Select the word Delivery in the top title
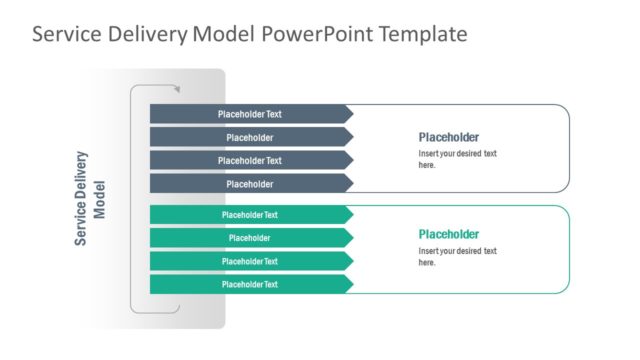click(x=139, y=35)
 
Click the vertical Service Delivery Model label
click(x=90, y=198)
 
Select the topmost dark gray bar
click(x=249, y=114)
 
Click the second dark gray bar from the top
click(x=249, y=137)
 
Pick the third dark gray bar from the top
click(x=249, y=160)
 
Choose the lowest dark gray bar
click(x=249, y=184)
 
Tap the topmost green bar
click(x=249, y=214)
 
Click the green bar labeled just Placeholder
click(x=249, y=238)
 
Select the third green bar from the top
click(x=249, y=261)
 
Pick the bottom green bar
click(x=249, y=284)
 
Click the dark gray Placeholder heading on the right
click(x=448, y=137)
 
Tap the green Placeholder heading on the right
click(x=448, y=234)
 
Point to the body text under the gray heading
click(x=457, y=159)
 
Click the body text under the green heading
click(x=457, y=256)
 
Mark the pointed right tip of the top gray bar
click(x=352, y=114)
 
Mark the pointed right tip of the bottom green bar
click(x=352, y=284)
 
